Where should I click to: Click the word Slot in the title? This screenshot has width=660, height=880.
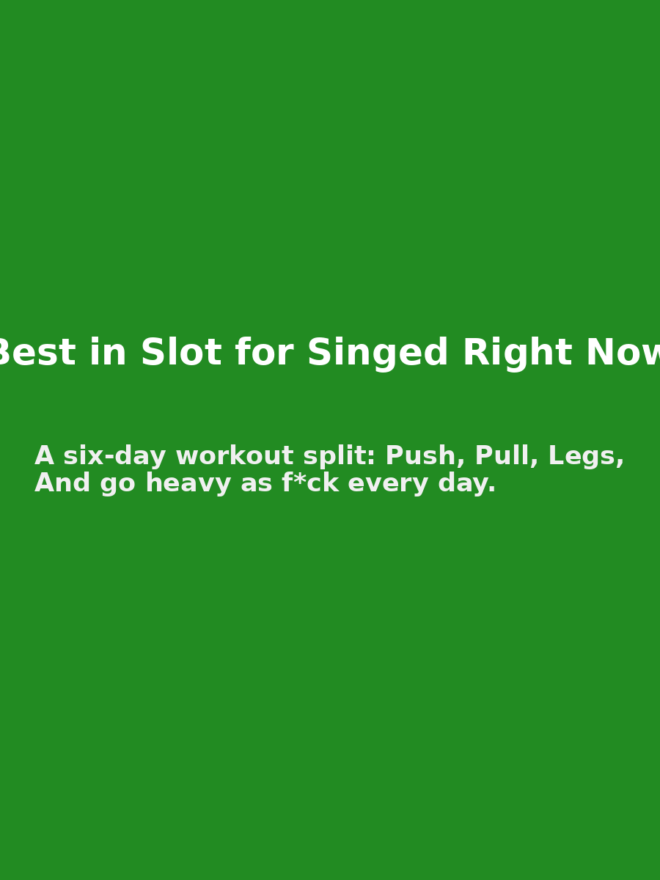tap(180, 353)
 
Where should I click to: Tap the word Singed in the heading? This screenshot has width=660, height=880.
tap(377, 353)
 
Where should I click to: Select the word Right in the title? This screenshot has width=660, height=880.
tap(516, 353)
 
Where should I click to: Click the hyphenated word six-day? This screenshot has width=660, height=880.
tap(114, 456)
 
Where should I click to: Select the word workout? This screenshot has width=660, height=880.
tap(234, 456)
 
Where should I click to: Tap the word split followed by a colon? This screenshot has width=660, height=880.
tap(339, 456)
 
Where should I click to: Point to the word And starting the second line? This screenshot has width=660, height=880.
tap(62, 483)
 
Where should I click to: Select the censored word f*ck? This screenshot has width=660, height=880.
tap(310, 483)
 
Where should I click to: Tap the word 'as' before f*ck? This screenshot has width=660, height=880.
tap(256, 483)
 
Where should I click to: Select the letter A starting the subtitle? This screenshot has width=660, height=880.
tap(44, 456)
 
